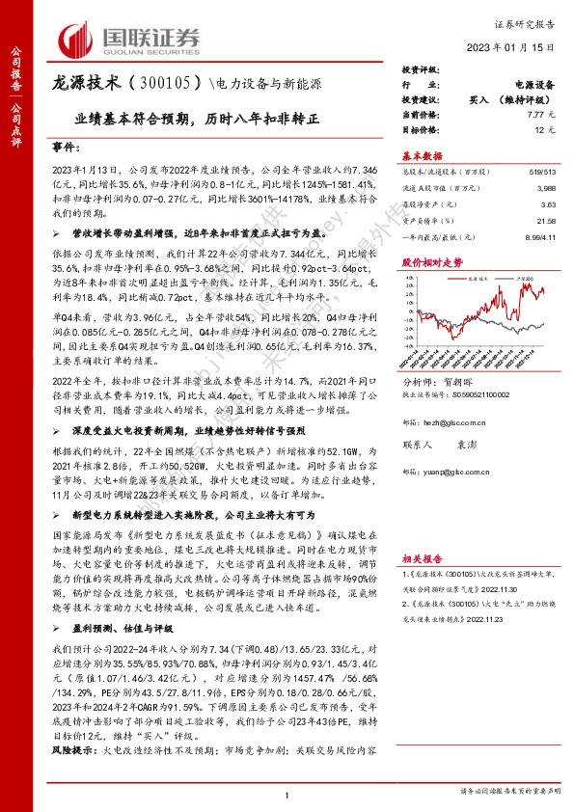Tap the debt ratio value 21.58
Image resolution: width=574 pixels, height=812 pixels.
pos(546,220)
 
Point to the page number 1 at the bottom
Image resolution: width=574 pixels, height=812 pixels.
pos(287,794)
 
